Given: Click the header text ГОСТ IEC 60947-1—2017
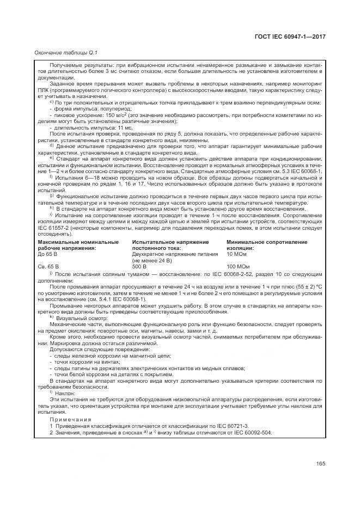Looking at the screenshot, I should [x=294, y=36].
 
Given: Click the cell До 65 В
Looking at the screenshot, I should [x=48, y=254].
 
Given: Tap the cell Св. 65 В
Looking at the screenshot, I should [x=48, y=266].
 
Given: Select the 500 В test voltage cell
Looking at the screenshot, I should [x=139, y=266].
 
